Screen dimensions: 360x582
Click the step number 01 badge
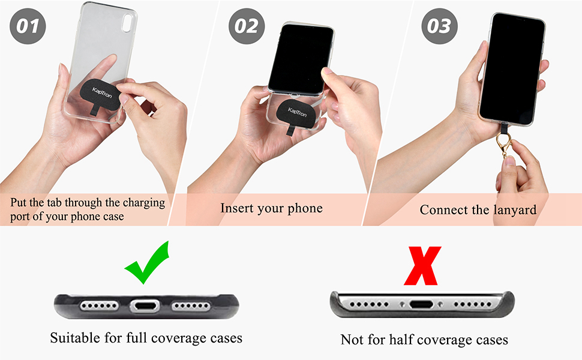pyautogui.click(x=28, y=26)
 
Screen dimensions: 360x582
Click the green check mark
pyautogui.click(x=148, y=264)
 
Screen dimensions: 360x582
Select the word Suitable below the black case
pyautogui.click(x=75, y=338)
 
